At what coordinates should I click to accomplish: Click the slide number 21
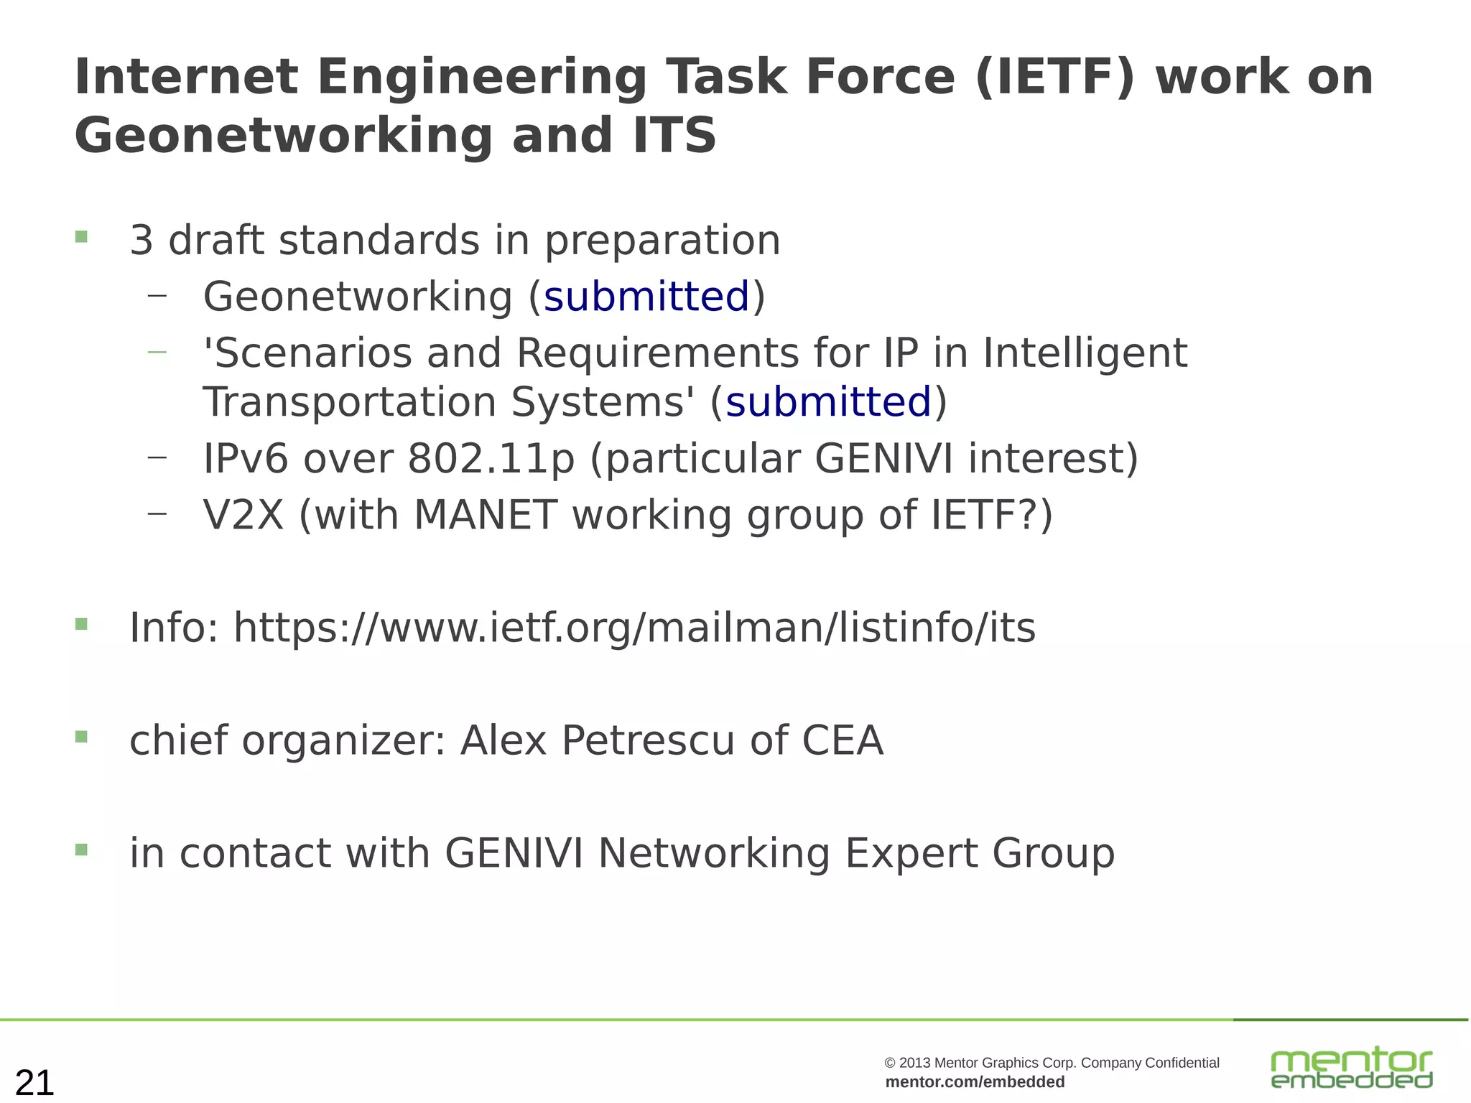(34, 1082)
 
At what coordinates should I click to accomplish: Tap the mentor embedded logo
(1352, 1067)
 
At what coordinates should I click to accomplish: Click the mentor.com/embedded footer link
(975, 1082)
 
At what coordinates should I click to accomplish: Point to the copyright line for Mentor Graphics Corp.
(1052, 1063)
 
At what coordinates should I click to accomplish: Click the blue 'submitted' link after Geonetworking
(646, 297)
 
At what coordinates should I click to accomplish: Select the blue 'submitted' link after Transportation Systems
(828, 401)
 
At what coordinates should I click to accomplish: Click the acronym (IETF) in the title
(1055, 77)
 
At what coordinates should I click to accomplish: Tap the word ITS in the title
(675, 136)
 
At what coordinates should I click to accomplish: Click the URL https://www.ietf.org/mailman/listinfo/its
(634, 628)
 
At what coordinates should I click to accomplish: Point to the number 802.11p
(491, 458)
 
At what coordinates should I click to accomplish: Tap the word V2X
(243, 515)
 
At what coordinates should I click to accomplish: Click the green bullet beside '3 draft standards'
(81, 237)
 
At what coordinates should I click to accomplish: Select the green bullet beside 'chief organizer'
(81, 737)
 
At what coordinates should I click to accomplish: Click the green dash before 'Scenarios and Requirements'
(157, 352)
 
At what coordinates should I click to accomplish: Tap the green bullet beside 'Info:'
(81, 624)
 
